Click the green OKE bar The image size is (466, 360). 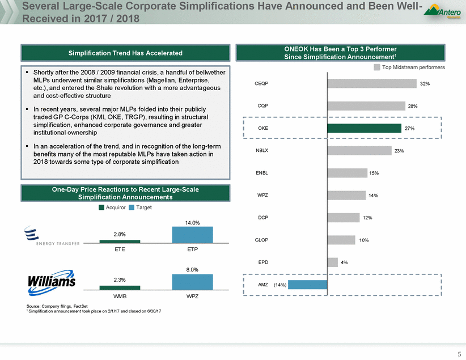tap(364, 128)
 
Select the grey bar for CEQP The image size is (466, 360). tap(372, 83)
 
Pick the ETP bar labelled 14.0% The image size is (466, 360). tap(193, 235)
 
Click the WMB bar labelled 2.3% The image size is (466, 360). tap(120, 288)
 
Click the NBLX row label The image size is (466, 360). tap(263, 151)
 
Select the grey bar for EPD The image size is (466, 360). tap(332, 262)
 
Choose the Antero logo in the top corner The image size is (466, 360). tap(443, 13)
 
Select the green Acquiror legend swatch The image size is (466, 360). tap(102, 207)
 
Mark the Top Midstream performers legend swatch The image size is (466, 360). tap(377, 67)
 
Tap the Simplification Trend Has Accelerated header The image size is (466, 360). tap(126, 53)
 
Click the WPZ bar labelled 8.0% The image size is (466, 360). tap(193, 282)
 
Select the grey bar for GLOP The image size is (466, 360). tap(341, 240)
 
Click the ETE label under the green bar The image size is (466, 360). tap(120, 249)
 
